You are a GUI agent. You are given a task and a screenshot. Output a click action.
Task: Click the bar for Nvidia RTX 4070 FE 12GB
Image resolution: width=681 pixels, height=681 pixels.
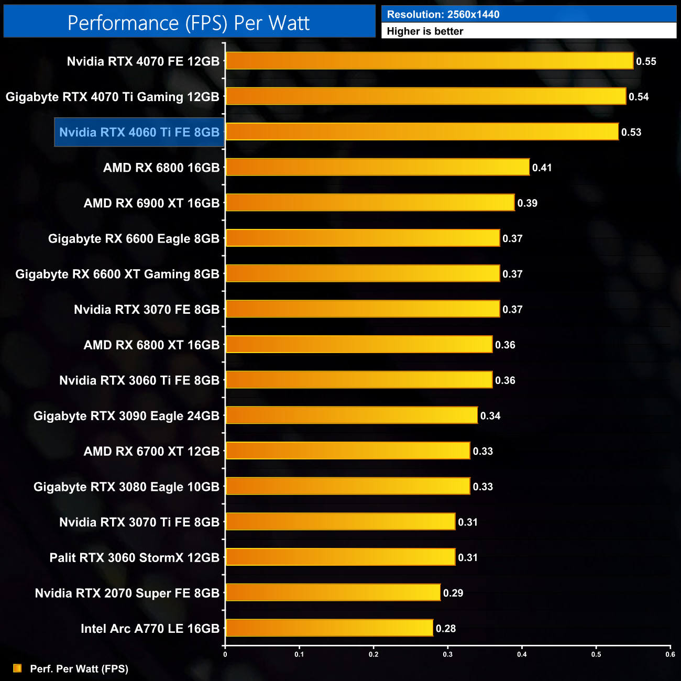coord(429,61)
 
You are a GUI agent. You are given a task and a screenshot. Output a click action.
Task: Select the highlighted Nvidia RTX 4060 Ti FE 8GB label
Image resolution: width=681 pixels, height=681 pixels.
coord(139,132)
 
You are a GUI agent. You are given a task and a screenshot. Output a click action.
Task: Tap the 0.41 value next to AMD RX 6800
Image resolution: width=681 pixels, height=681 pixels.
coord(542,168)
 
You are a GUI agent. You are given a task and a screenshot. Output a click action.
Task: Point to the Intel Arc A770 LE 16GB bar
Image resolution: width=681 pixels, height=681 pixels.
coord(329,628)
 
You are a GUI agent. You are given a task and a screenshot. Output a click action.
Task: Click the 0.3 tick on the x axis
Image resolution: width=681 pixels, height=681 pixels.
coord(448,654)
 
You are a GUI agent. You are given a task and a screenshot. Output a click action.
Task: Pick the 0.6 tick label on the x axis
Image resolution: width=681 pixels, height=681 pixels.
coord(670,654)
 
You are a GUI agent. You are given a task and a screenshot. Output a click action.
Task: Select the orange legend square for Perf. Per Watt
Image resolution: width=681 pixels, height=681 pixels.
coord(17,668)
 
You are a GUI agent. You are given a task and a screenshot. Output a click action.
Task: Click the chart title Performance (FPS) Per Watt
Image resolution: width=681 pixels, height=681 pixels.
coord(189,23)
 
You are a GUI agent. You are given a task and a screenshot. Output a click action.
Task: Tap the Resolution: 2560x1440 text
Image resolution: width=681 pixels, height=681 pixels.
coord(443,15)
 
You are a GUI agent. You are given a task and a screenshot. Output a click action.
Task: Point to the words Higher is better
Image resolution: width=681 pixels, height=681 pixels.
coord(425,31)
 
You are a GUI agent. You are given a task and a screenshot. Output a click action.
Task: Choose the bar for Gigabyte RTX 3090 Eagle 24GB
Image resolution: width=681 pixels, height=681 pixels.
coord(352,415)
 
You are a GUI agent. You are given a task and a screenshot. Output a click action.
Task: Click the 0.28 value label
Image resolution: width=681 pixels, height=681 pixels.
coord(446,629)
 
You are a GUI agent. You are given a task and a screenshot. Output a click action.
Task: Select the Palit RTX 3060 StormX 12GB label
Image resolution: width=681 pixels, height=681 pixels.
coord(134,557)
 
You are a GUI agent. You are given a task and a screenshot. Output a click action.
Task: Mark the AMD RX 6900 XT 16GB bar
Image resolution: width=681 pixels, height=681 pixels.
coord(370,203)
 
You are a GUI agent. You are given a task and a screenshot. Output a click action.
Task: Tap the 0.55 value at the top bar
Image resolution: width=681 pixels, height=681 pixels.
coord(646,61)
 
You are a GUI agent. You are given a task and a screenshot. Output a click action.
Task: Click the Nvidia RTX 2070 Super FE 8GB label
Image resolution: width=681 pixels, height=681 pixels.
coord(127,593)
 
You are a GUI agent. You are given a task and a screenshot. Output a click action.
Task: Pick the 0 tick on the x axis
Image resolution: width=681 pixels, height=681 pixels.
coord(225,654)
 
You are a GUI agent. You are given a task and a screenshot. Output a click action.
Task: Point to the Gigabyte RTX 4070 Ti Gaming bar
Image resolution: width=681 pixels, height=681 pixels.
coord(425,96)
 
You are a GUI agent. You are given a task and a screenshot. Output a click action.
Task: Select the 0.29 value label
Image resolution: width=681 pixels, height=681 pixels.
coord(453,593)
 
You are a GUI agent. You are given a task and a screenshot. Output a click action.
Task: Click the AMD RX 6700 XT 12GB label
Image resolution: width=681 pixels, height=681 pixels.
coord(151,451)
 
